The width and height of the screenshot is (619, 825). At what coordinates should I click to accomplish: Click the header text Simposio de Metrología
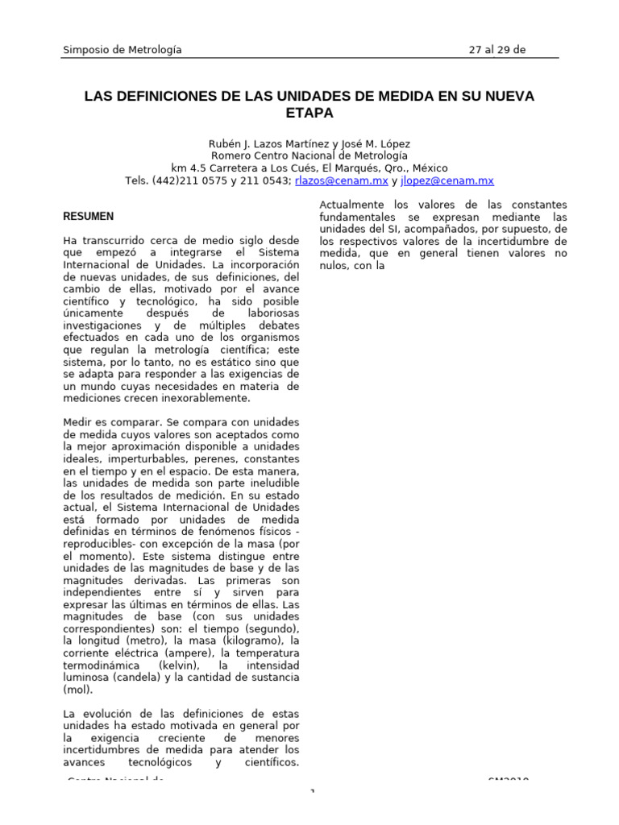point(123,50)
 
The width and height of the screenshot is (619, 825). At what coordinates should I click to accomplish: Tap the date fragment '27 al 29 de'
point(497,50)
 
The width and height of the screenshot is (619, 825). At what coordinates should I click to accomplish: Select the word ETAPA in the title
point(309,113)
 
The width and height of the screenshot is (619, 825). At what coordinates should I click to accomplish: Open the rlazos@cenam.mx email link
point(341,181)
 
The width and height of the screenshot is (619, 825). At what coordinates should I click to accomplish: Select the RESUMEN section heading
point(88,217)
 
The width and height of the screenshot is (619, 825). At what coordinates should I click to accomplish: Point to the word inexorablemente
point(210,398)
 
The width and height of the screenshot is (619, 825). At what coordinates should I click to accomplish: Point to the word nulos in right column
point(334,265)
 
